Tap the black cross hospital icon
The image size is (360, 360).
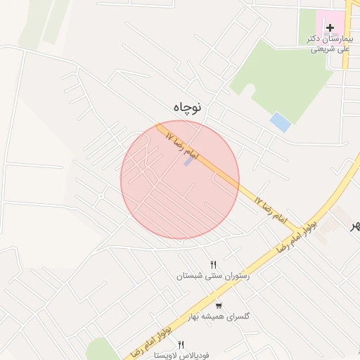(x=330, y=27)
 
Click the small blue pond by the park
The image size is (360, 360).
(x=281, y=122)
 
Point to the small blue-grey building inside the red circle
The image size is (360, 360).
(x=188, y=161)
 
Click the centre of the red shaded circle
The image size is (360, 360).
(x=180, y=180)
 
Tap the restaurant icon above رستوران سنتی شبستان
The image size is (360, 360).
(x=203, y=264)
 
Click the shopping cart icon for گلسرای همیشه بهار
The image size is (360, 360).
(x=219, y=304)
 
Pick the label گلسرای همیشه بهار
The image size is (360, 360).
(x=219, y=316)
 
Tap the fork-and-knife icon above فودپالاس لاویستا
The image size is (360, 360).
(x=181, y=345)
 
